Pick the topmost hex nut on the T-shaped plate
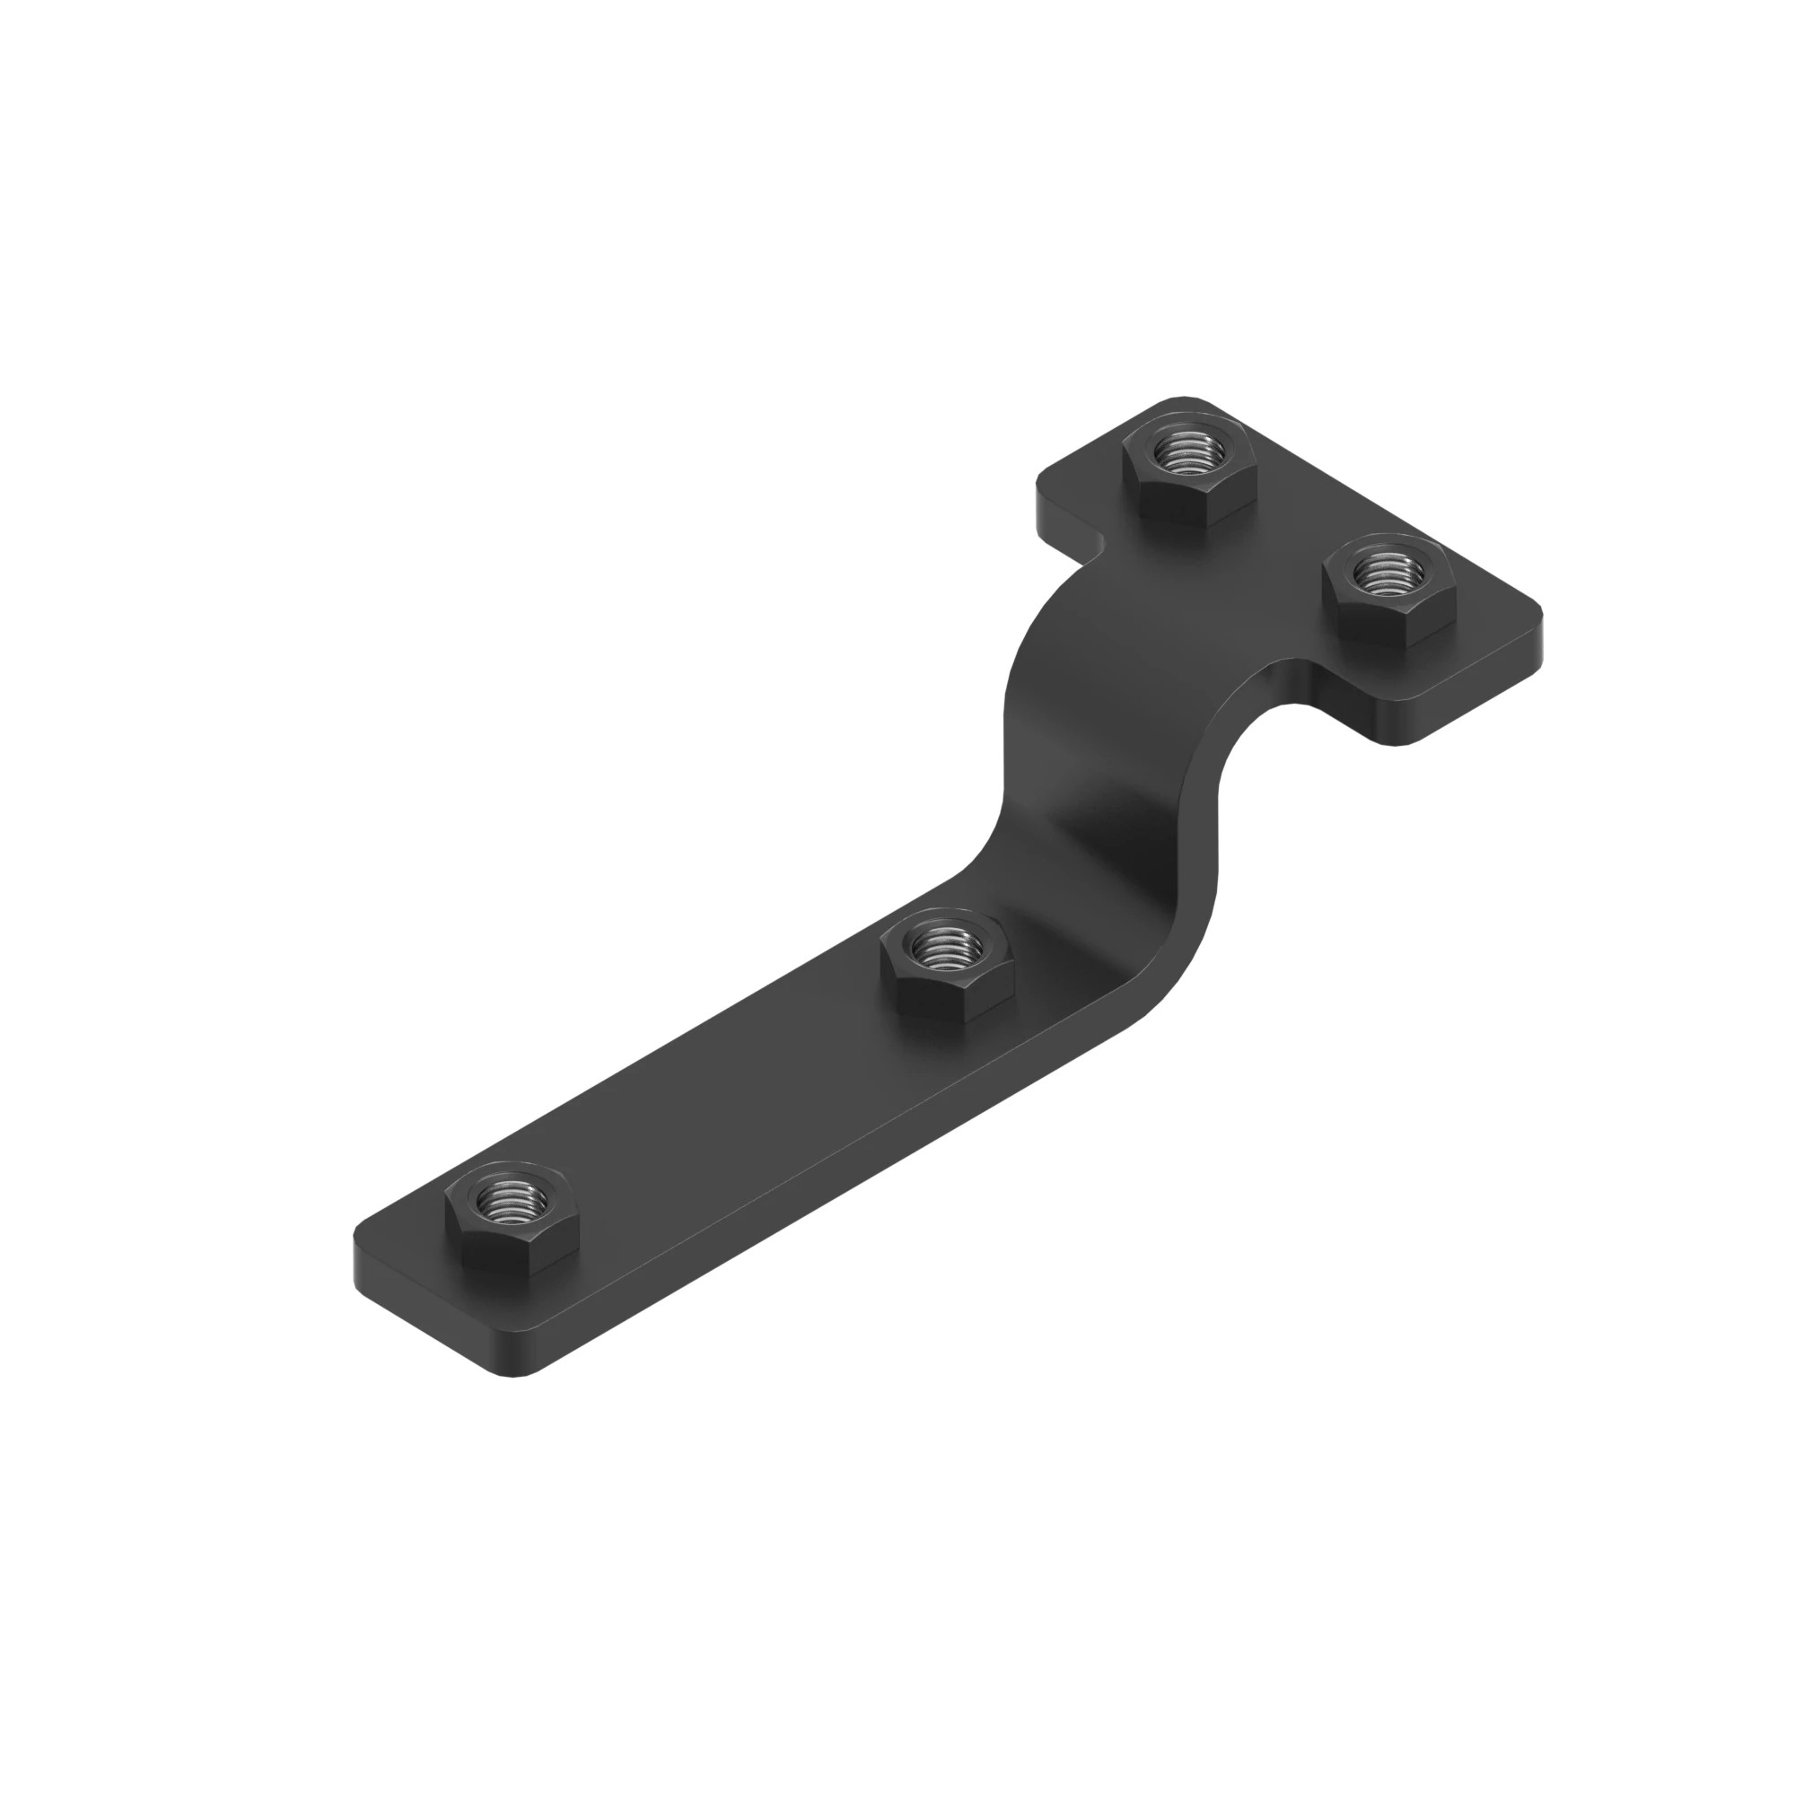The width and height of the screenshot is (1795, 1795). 1189,471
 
